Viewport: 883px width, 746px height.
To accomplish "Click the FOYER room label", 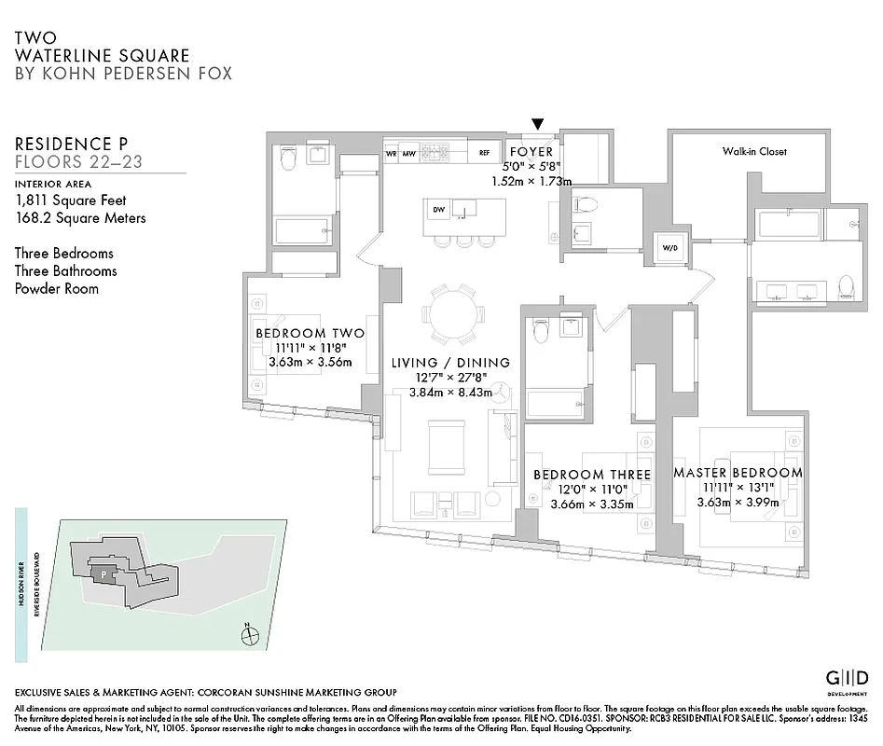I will point(531,151).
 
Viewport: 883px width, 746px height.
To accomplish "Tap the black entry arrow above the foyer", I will point(538,124).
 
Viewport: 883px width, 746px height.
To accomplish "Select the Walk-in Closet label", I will point(753,151).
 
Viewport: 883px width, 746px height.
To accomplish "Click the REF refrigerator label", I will point(484,152).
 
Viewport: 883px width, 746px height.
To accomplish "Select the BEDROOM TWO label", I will point(310,333).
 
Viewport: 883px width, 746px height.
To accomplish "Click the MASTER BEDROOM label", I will point(738,473).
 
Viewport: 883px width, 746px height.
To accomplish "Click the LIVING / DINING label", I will point(450,362).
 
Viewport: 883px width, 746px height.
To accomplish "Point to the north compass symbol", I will point(248,636).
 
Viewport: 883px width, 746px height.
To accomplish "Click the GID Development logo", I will point(848,677).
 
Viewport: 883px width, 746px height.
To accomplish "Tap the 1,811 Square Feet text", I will point(70,200).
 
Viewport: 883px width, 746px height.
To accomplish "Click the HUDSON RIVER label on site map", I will point(21,584).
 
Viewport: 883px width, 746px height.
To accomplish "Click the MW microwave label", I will point(407,152).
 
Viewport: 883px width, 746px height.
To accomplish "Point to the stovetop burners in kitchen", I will point(435,151).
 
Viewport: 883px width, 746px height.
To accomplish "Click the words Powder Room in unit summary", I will point(55,288).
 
